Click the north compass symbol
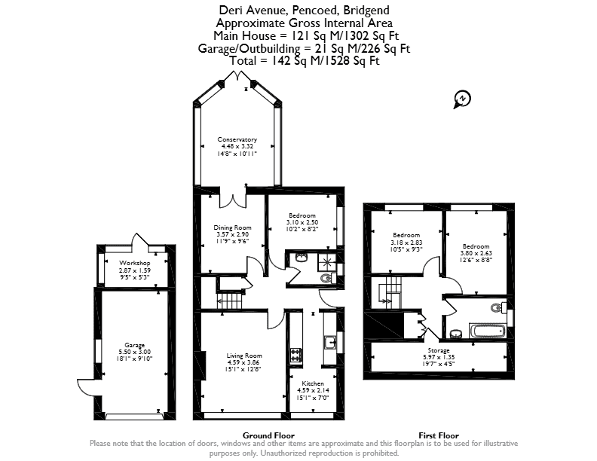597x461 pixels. pos(462,99)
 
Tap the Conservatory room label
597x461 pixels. pos(237,139)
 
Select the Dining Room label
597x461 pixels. pos(232,227)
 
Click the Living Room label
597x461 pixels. pos(244,356)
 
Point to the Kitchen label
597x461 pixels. pos(313,383)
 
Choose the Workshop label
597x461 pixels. pos(134,263)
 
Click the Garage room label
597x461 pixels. pos(135,345)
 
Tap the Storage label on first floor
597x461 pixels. pos(439,350)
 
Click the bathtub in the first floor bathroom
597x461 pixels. pos(488,331)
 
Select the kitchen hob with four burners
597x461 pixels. pos(295,355)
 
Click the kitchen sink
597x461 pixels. pos(329,342)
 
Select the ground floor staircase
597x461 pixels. pos(230,301)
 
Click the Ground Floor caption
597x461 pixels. pos(268,435)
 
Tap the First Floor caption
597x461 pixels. pos(439,435)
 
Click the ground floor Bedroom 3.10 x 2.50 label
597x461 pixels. pos(302,222)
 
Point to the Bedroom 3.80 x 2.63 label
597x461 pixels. pos(476,253)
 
